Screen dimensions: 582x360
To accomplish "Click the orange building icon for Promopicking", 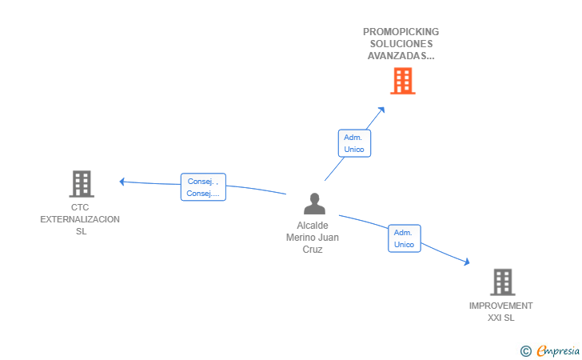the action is (403, 81).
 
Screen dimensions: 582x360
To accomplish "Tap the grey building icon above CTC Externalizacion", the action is (82, 184).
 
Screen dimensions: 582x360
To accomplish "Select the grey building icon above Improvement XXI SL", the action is (503, 282).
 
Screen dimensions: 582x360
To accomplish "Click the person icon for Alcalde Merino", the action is (314, 203).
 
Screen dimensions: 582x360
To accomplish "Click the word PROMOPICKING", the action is (401, 32).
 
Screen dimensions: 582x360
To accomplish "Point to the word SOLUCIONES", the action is (401, 44).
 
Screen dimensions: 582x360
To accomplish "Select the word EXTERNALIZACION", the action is (80, 219).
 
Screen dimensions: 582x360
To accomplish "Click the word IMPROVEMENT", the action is (500, 306).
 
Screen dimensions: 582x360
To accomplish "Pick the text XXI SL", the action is (500, 318).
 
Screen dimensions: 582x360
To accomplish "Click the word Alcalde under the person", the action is (313, 226).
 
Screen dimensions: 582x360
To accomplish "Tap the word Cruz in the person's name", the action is (313, 250).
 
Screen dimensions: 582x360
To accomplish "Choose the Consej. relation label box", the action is (203, 187).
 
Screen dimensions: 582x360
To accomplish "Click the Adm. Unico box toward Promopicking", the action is (354, 143).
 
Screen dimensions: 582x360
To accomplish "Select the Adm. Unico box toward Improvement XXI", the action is (405, 238).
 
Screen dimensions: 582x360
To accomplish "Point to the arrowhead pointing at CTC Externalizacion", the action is (122, 182).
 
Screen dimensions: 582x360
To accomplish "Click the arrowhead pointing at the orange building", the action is (381, 110).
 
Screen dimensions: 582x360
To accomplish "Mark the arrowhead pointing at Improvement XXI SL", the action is (467, 262).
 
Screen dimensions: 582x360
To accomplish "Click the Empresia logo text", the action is (558, 350).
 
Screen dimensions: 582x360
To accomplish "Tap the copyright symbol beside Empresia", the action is (526, 351).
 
